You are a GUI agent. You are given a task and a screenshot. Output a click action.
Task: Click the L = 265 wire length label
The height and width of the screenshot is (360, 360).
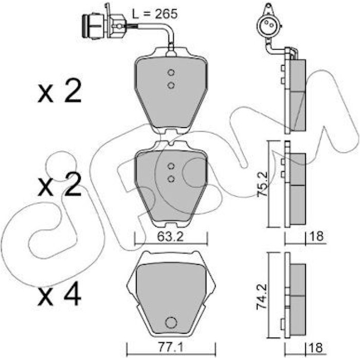[x=155, y=14]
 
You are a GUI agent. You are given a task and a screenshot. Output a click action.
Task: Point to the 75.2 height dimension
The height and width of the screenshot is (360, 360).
[x=262, y=184]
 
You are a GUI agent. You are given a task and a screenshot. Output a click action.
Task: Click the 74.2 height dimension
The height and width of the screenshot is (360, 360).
[x=262, y=297]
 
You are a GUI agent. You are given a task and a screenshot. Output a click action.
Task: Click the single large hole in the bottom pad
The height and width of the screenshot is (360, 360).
[x=171, y=322]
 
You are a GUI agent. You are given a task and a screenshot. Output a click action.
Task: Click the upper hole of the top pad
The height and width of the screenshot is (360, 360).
[x=171, y=73]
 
